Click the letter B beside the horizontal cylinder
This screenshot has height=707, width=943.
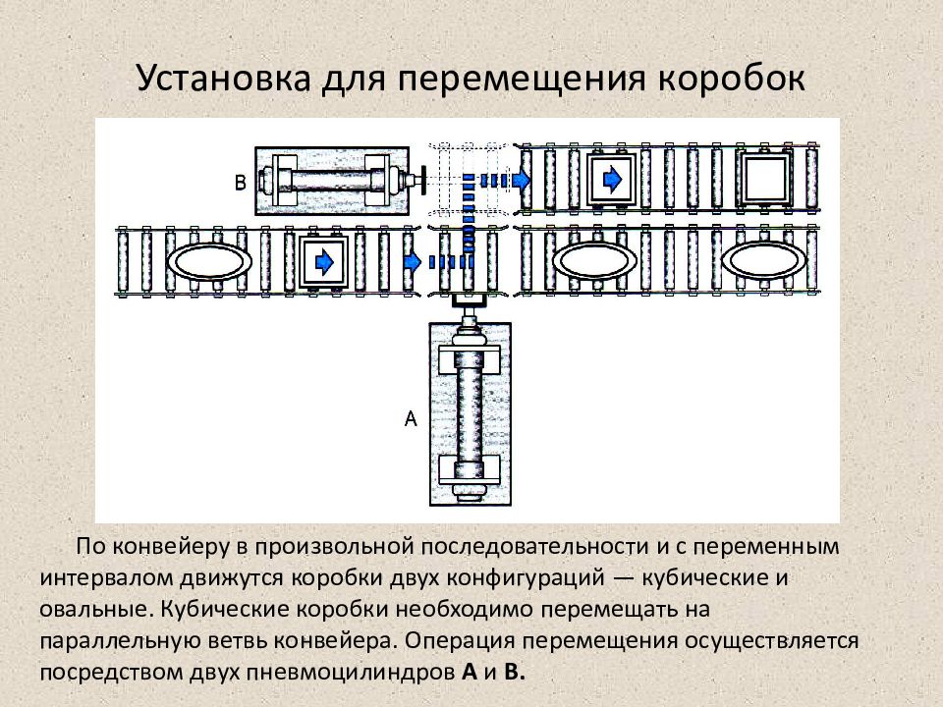coord(241,183)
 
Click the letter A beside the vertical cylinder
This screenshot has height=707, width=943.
coord(411,418)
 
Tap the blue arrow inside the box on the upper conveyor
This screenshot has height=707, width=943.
coord(612,179)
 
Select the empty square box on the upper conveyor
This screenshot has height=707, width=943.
coord(764,179)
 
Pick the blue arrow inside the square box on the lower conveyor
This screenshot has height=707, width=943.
coord(325,262)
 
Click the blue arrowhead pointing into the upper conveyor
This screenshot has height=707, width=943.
coord(521,179)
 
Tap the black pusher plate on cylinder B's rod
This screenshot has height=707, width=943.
coord(423,181)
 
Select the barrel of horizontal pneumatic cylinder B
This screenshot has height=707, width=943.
coord(331,181)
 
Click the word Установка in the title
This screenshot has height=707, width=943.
coord(224,79)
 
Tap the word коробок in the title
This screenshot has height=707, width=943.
coord(732,79)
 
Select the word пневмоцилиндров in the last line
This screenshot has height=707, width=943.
coord(350,673)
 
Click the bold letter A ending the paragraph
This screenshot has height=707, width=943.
coord(470,672)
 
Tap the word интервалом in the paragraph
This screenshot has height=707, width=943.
coord(108,578)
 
